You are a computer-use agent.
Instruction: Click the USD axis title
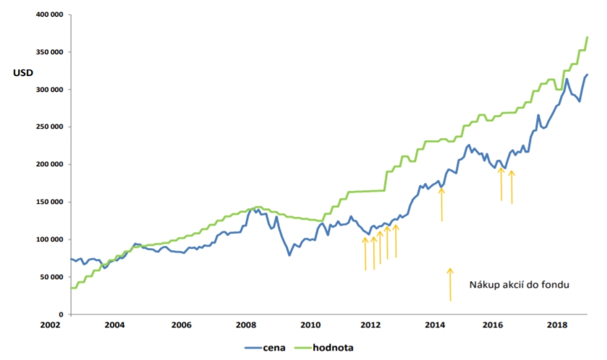22,72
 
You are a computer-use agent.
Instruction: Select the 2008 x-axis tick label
246,325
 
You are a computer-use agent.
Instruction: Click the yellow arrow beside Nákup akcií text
450,284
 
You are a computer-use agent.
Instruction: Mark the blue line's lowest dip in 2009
289,254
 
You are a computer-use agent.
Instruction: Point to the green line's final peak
587,36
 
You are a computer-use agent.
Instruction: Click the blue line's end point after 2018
587,74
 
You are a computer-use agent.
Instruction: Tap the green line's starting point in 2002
71,288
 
